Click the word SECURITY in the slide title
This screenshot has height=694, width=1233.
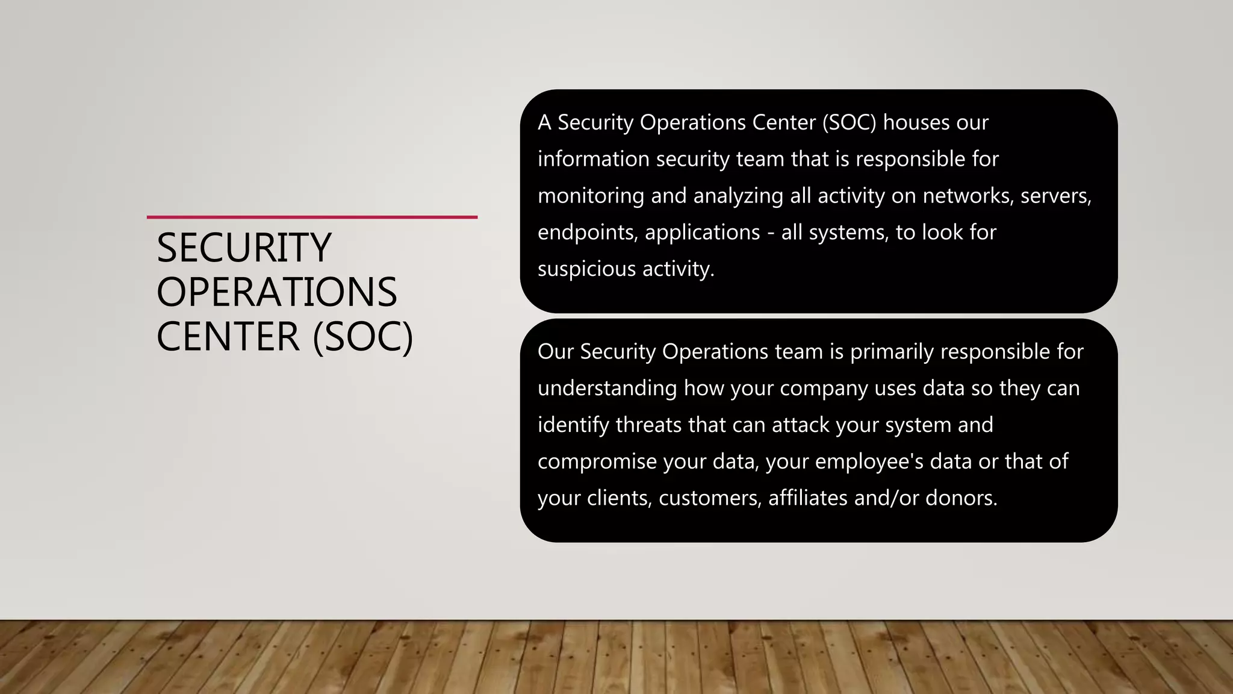[244, 248]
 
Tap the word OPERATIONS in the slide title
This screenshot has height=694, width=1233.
[277, 292]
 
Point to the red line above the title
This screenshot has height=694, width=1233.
[312, 217]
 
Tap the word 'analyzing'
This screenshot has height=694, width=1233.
[738, 196]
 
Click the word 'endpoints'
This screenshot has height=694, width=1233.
[587, 233]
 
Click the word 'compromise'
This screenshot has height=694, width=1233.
[597, 461]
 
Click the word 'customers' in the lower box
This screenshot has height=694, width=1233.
[710, 498]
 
